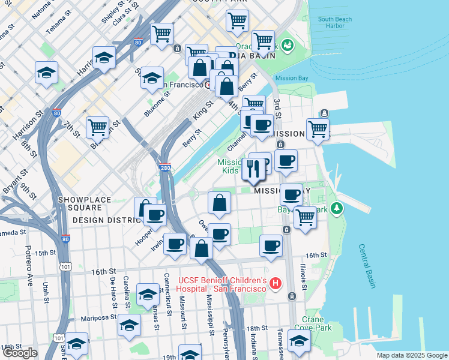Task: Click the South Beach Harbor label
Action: click(334, 23)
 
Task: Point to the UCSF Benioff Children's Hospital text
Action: click(223, 285)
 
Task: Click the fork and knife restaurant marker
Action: click(253, 170)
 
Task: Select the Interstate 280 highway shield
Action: click(166, 169)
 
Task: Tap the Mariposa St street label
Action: click(96, 317)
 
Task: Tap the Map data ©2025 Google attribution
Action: click(411, 355)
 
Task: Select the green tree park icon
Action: click(338, 208)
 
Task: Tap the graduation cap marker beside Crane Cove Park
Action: click(299, 340)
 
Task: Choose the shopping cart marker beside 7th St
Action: click(97, 127)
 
